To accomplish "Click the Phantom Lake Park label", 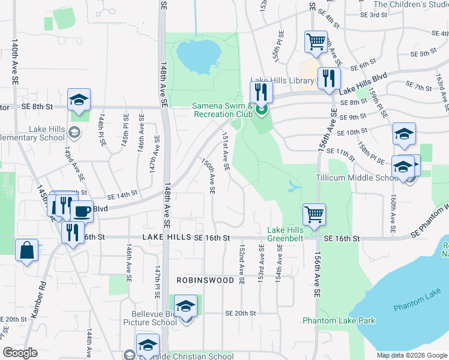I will [339, 320].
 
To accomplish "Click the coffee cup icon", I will [82, 211].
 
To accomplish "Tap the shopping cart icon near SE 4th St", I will [316, 42].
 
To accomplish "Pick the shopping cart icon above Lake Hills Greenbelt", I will [314, 214].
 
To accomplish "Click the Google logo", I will [20, 353].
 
